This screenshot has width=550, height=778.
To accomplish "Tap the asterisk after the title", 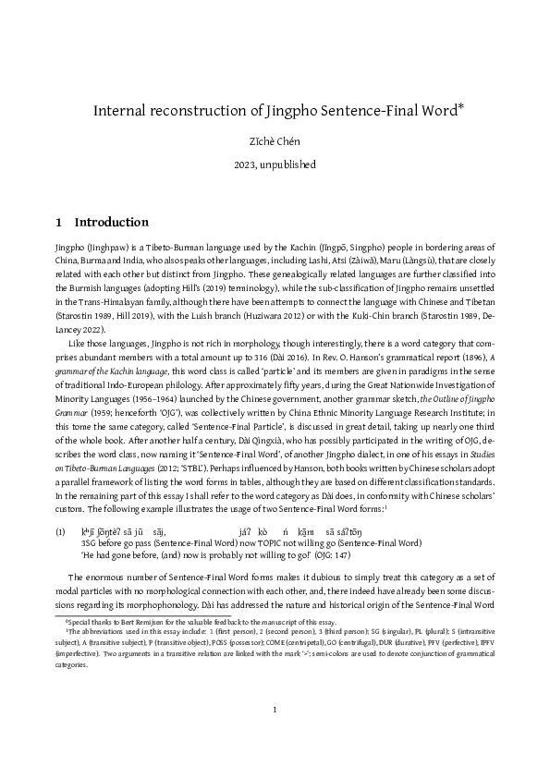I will pos(460,107).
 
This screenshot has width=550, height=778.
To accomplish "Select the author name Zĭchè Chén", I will pos(275,142).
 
